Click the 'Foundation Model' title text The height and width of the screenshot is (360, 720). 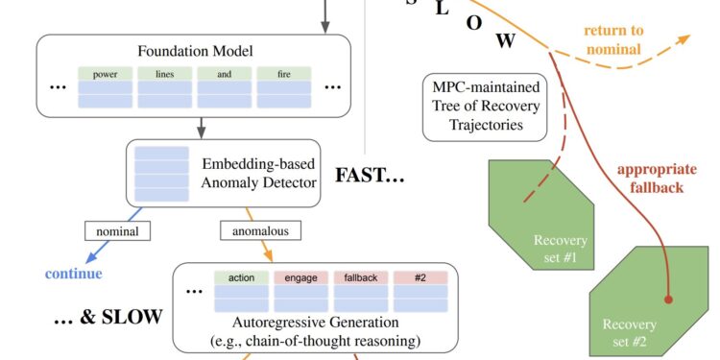pos(188,52)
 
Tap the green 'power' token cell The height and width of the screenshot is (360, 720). pos(106,73)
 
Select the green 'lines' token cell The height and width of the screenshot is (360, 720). pos(165,73)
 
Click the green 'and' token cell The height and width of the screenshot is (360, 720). pos(226,73)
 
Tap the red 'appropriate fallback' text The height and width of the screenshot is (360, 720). pos(651,179)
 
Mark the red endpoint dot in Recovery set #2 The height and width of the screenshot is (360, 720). pos(669,300)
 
